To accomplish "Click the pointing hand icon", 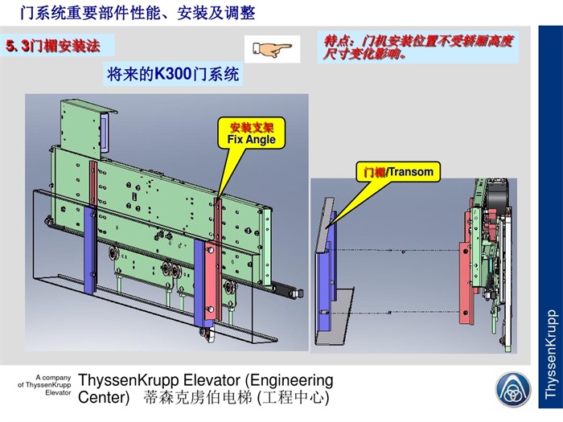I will (271, 49).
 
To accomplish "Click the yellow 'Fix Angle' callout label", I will (251, 133).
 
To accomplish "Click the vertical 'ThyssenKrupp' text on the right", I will (550, 354).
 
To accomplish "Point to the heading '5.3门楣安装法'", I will (54, 46).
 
